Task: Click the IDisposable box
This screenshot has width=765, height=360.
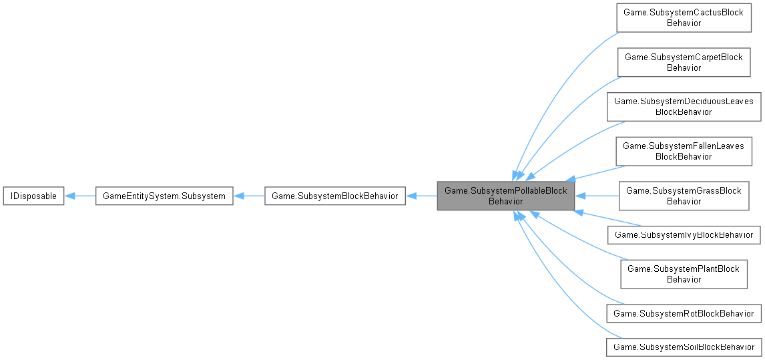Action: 33,196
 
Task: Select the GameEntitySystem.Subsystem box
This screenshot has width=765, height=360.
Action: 164,196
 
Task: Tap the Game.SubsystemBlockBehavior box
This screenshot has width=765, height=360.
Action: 335,196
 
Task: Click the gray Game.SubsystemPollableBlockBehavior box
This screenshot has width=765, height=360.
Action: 505,196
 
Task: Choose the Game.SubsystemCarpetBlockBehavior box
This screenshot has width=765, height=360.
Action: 684,62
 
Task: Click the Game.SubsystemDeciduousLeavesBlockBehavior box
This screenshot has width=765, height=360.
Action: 684,106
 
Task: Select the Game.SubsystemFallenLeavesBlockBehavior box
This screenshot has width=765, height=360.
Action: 684,151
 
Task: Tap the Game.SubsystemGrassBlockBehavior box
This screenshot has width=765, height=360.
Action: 684,196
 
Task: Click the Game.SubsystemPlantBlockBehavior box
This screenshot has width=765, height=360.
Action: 684,274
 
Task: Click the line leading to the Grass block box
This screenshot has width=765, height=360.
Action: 597,196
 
